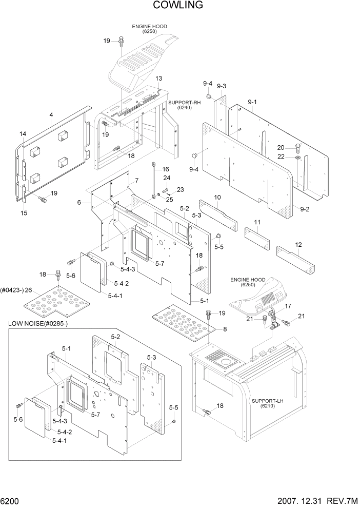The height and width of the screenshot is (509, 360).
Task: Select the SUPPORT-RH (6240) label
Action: click(184, 105)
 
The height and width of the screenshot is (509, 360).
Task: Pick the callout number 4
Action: click(51, 115)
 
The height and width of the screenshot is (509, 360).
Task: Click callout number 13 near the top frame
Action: click(158, 78)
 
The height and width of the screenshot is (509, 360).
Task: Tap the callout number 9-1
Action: click(252, 102)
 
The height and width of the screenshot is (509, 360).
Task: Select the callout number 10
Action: click(217, 197)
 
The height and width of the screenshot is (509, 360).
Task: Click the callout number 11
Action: click(257, 222)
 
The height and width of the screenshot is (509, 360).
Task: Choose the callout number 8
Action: click(224, 329)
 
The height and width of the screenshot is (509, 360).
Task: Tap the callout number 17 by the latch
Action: click(288, 306)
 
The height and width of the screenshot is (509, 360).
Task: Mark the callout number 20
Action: click(288, 147)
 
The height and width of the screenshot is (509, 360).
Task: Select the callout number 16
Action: click(165, 169)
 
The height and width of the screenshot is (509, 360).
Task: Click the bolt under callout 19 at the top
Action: click(121, 41)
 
